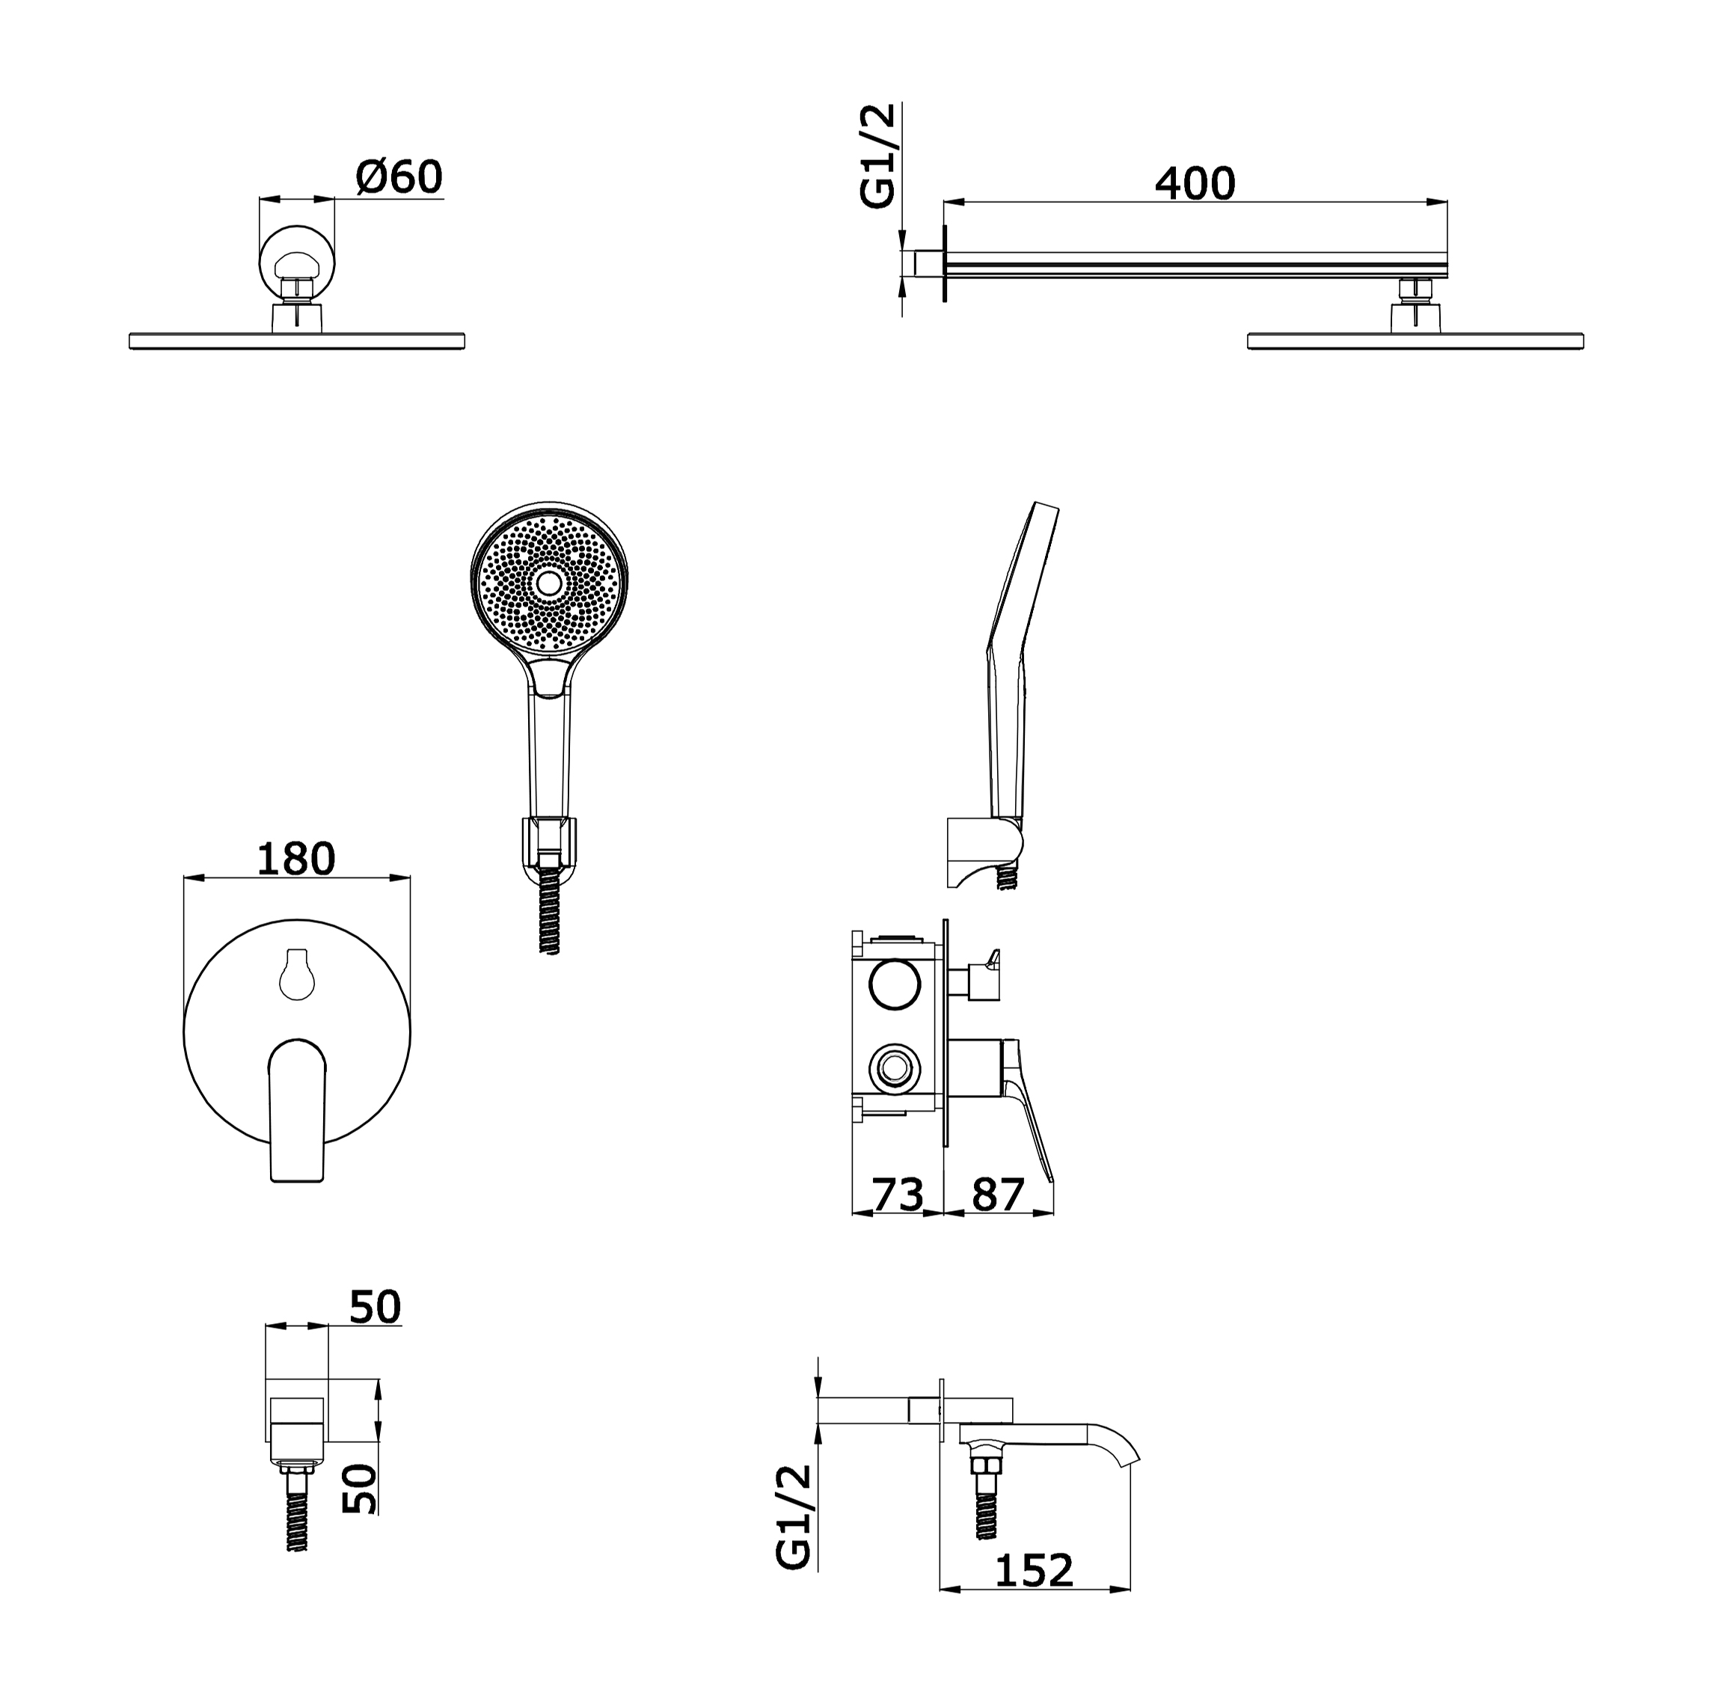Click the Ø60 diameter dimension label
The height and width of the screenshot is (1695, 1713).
[x=399, y=177]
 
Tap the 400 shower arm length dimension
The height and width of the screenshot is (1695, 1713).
[x=1195, y=183]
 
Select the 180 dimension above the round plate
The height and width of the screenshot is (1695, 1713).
[x=296, y=858]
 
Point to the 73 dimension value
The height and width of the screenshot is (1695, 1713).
[x=898, y=1194]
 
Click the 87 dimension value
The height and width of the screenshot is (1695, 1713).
[x=999, y=1194]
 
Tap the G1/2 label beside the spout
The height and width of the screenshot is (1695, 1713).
[x=794, y=1517]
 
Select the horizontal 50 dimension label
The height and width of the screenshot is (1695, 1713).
[x=375, y=1306]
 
